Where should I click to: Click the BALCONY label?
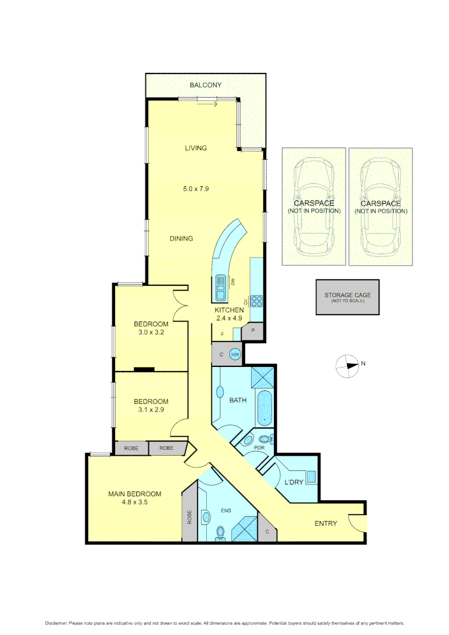(205, 85)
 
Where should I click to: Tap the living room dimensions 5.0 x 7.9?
(196, 189)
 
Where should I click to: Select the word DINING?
(182, 238)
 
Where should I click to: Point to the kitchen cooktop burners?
(257, 301)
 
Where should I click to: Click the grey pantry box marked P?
(253, 331)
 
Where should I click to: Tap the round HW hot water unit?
(235, 355)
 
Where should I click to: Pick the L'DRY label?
(294, 483)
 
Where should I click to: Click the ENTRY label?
(326, 523)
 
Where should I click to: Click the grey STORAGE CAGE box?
(347, 298)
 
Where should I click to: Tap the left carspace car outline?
(313, 206)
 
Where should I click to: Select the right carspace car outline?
(380, 206)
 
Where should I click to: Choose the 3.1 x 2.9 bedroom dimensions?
(151, 410)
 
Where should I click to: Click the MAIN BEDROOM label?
(135, 494)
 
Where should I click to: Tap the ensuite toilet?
(221, 532)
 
